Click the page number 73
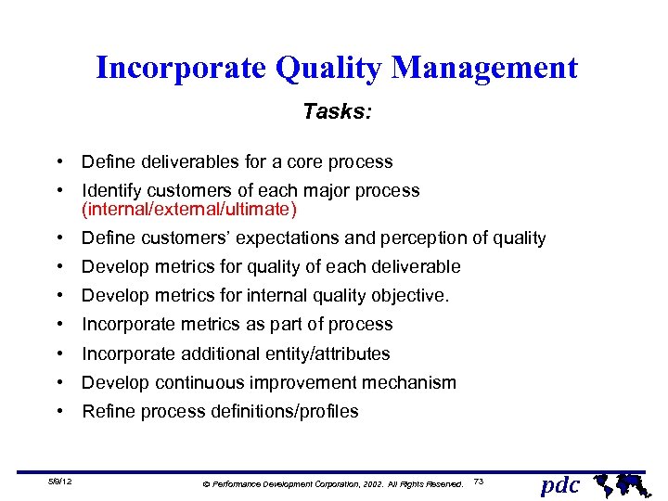click(x=479, y=481)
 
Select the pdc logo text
click(x=559, y=483)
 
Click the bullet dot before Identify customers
click(x=58, y=191)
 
